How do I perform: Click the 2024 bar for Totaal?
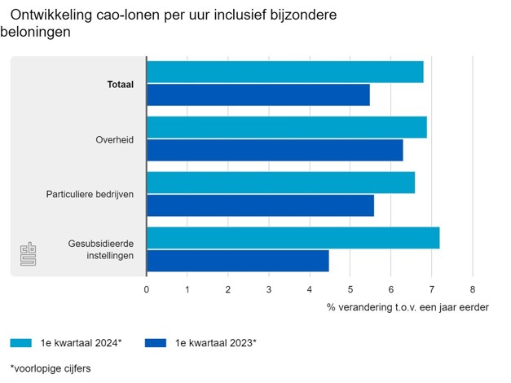click(285, 72)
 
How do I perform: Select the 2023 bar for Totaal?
click(258, 95)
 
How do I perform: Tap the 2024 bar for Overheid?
click(287, 127)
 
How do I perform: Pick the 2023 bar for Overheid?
click(275, 150)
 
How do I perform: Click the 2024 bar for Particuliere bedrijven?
click(281, 183)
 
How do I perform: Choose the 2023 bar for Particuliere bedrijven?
click(261, 205)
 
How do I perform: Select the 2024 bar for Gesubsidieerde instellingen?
click(293, 238)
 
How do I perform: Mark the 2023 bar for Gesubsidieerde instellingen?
click(238, 261)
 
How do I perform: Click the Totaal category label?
click(120, 84)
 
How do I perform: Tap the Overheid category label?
click(114, 139)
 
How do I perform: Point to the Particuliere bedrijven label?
click(90, 195)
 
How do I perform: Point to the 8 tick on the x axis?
click(473, 289)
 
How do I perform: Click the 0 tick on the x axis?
click(147, 289)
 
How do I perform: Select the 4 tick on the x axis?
click(310, 289)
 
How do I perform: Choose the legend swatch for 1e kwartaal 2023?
click(157, 343)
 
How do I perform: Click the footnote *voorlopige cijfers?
click(51, 368)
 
